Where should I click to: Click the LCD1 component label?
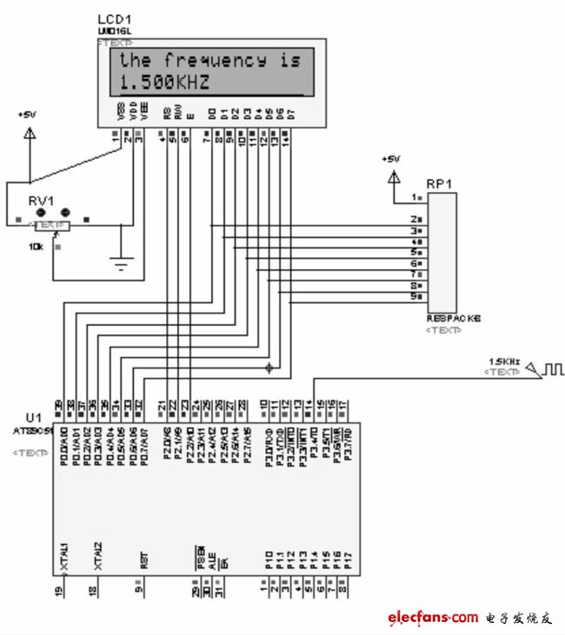(115, 20)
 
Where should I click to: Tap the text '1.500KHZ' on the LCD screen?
(164, 83)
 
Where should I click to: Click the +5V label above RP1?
(391, 159)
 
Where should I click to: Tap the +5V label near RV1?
(29, 115)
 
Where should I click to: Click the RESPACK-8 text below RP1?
(452, 319)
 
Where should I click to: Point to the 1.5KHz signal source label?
(504, 361)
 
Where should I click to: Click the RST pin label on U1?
(142, 560)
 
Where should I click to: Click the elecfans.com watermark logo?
(432, 618)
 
